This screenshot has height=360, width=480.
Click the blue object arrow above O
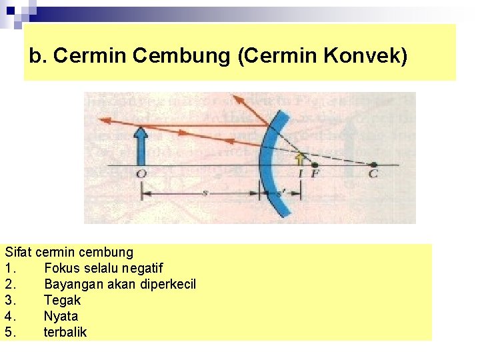pos(140,145)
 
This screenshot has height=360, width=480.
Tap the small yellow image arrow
pos(300,159)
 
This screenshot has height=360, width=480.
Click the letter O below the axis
pos(141,175)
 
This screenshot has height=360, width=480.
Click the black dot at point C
pos(374,165)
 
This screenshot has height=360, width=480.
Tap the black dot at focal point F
pos(315,165)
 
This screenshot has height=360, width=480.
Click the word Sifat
pos(19,253)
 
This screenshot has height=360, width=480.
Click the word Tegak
pos(62,301)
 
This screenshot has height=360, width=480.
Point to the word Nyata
pos(61,317)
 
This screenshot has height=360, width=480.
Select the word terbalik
pos(65,332)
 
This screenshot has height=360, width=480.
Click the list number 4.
pos(9,317)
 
